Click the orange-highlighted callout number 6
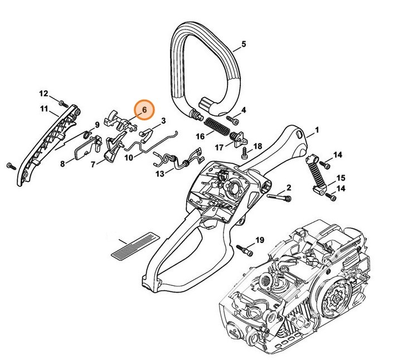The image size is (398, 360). tap(144, 110)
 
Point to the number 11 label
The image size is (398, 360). tap(43, 109)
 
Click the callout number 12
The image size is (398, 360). tap(43, 93)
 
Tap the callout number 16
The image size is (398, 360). tap(199, 136)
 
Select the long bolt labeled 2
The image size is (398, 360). tap(279, 197)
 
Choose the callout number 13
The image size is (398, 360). tap(159, 174)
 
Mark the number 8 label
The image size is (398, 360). tap(63, 163)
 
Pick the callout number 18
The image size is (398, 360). tap(258, 146)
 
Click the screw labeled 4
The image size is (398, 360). tap(233, 120)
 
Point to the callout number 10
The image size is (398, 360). tap(128, 158)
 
